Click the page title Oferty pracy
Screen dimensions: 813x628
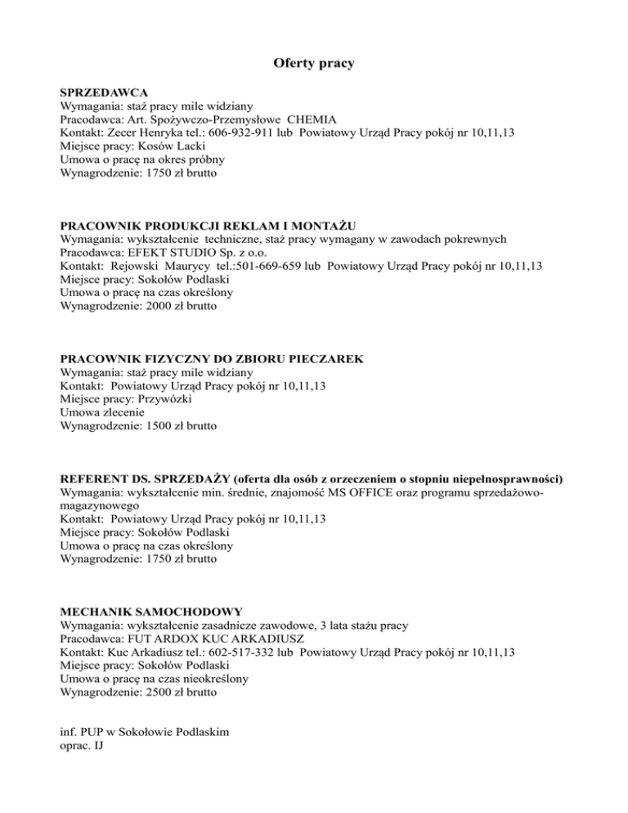coord(313,63)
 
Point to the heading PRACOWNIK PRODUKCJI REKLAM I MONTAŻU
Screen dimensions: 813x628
coord(212,226)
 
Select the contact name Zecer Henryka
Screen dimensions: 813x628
coord(147,132)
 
